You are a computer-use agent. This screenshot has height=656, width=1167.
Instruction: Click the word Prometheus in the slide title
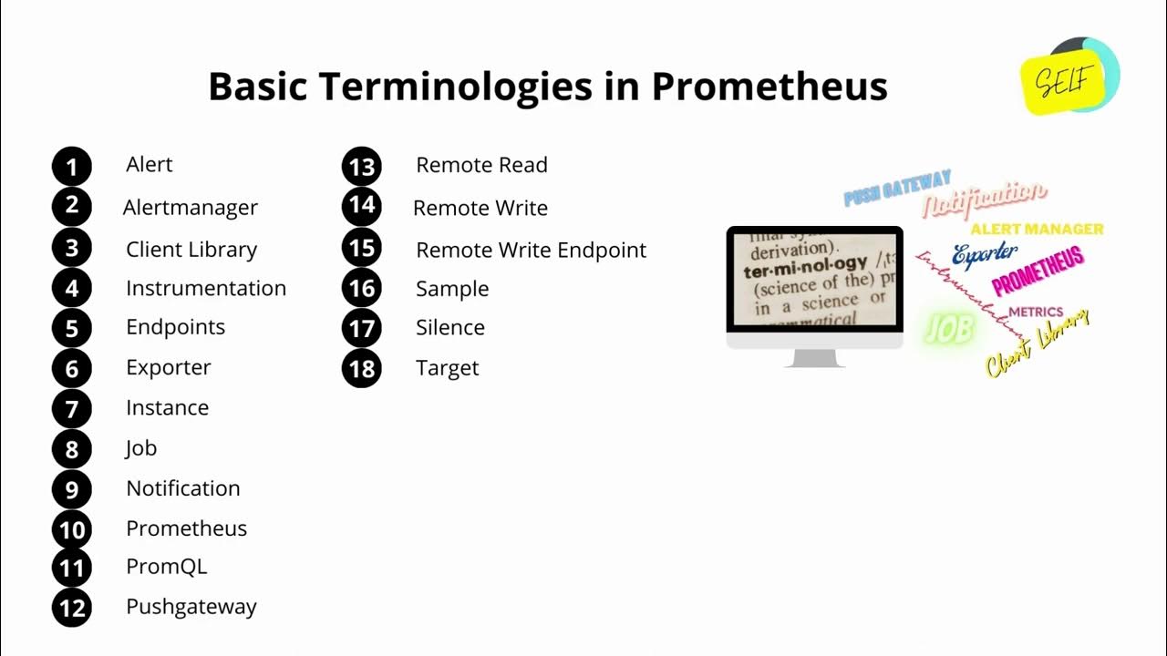point(769,87)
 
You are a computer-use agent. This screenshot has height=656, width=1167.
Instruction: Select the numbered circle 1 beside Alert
point(72,167)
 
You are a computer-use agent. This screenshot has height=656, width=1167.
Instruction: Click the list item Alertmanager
point(190,208)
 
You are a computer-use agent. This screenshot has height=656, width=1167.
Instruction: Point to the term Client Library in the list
point(191,250)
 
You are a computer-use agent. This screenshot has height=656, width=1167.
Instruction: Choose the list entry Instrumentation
point(206,288)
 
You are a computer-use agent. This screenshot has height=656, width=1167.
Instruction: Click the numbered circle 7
point(72,409)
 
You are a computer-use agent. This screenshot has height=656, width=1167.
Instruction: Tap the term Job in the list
point(141,447)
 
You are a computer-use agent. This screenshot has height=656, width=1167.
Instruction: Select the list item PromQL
point(167,566)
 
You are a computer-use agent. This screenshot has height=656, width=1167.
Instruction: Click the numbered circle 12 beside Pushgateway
point(72,608)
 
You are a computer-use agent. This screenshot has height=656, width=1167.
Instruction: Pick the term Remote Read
point(481,165)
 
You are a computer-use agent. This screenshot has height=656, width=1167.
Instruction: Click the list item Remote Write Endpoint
point(531,250)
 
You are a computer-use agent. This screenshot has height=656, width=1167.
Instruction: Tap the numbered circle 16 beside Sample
point(362,290)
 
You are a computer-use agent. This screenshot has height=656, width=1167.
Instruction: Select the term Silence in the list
point(450,327)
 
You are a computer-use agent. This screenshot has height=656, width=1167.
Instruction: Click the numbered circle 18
point(362,369)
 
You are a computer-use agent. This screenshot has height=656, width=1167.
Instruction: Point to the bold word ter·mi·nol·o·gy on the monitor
point(805,267)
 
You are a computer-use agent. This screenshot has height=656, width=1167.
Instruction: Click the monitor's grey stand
point(814,357)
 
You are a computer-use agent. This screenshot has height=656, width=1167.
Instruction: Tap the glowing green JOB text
point(948,329)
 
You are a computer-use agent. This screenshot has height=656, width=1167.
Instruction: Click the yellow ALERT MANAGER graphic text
point(1037,229)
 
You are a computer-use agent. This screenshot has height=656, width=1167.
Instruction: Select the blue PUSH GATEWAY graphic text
point(897,187)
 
